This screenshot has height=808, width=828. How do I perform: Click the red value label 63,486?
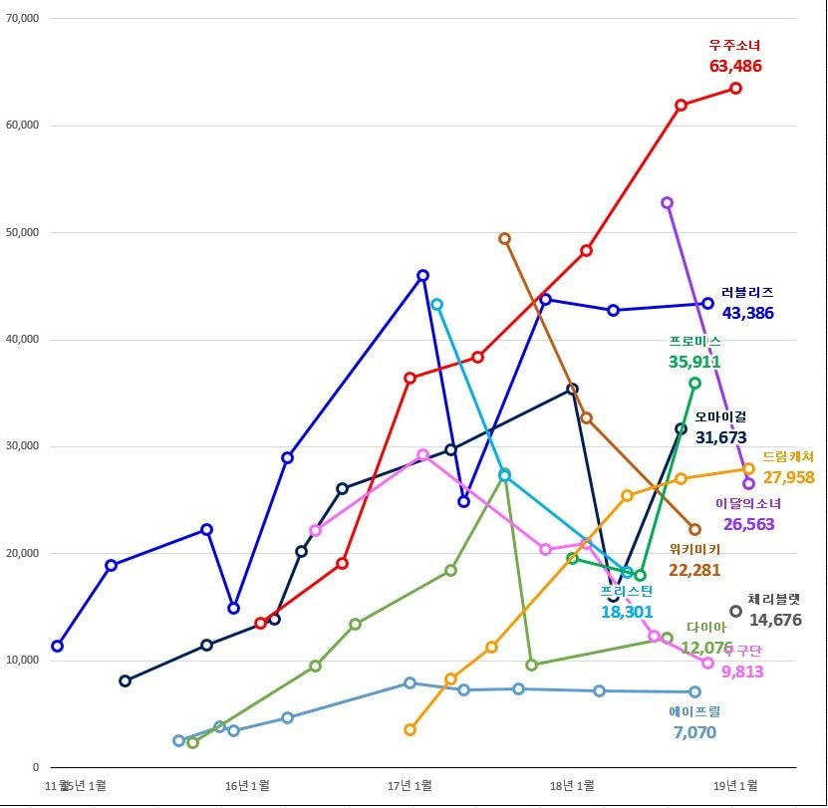click(735, 66)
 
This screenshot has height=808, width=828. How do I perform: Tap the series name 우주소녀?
click(735, 45)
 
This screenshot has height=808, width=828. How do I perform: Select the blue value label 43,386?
click(747, 313)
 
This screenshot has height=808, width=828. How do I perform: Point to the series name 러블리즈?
click(747, 293)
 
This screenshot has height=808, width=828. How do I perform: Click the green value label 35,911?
click(695, 362)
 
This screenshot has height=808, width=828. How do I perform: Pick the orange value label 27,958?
click(789, 478)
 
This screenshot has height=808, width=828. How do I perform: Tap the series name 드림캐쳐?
click(789, 457)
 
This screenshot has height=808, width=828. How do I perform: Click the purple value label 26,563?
click(748, 524)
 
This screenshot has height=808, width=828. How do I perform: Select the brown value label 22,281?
click(694, 570)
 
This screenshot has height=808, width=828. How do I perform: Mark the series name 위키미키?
click(694, 549)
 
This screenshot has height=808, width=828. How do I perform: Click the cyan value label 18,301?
click(627, 612)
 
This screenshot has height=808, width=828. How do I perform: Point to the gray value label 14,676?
click(775, 620)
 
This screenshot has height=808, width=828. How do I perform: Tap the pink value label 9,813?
click(742, 673)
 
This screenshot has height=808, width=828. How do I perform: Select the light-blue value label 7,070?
click(694, 733)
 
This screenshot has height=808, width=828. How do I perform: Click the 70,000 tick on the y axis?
click(21, 18)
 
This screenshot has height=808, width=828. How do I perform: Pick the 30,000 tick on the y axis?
click(21, 446)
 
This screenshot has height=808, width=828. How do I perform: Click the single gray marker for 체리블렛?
click(736, 612)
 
